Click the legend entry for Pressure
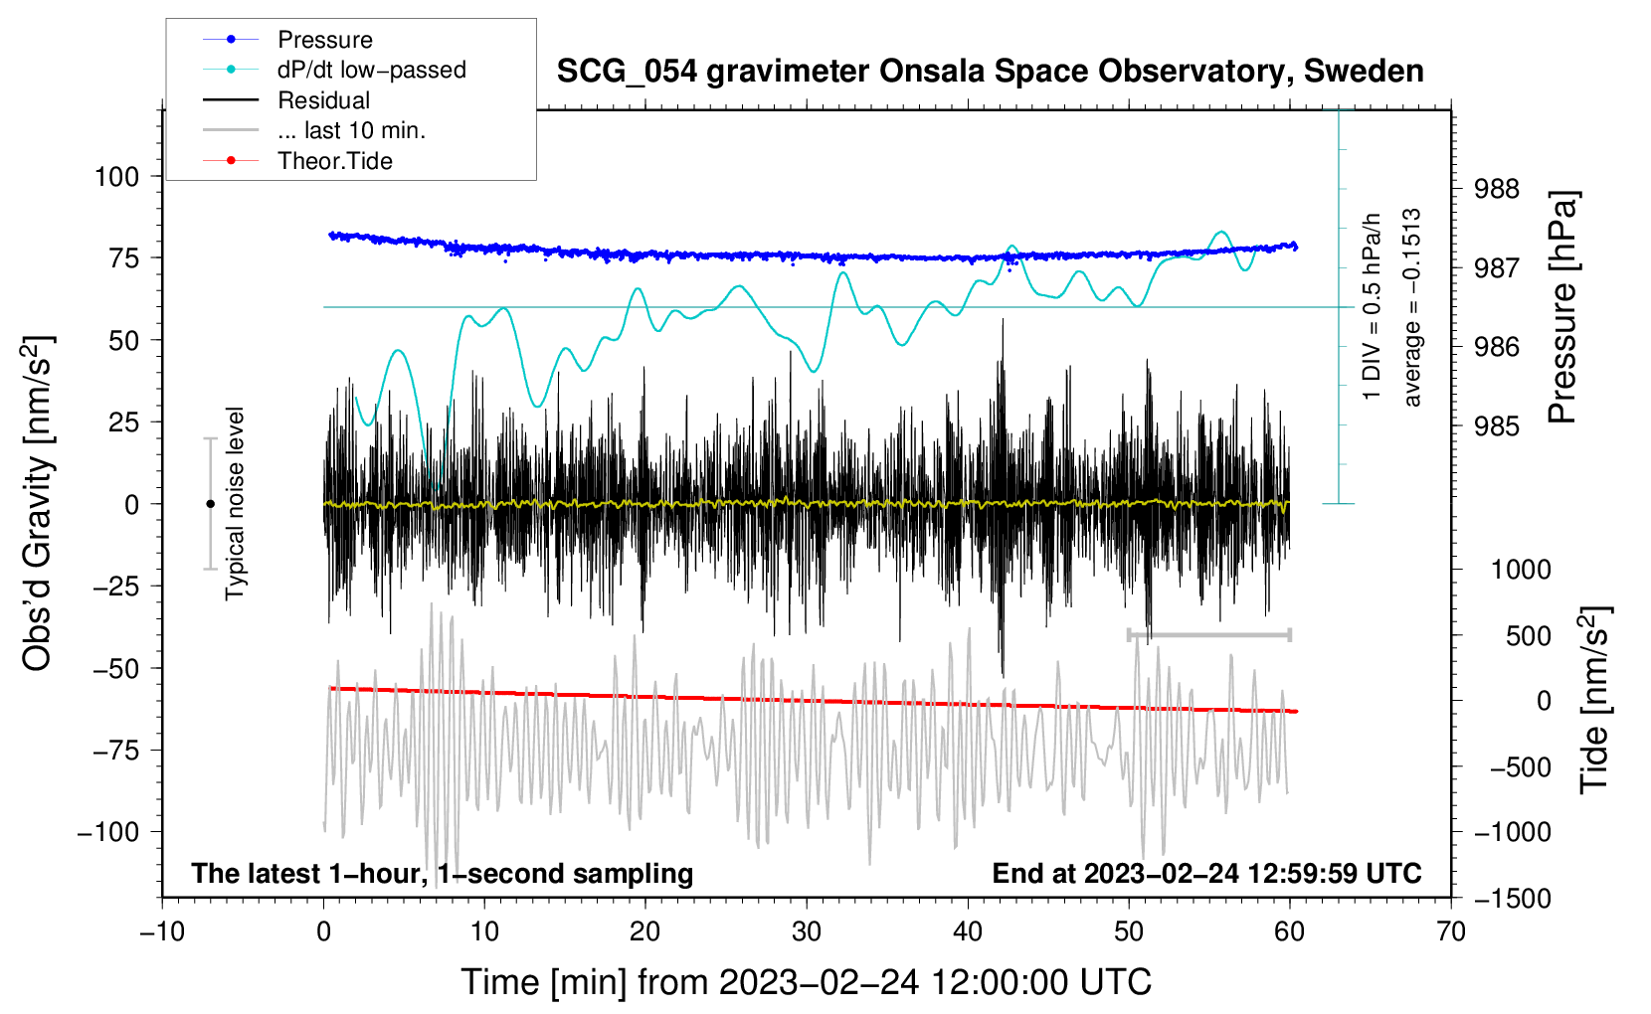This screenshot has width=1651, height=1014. pos(324,40)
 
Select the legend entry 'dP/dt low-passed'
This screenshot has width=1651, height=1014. pos(371,70)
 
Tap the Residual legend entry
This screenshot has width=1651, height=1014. pos(323,100)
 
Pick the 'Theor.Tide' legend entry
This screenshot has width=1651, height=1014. pos(334,161)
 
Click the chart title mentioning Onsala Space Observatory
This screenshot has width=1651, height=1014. pos(990,72)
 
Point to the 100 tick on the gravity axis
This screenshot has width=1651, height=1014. pos(116,177)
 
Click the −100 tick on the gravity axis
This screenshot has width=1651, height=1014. pos(108,832)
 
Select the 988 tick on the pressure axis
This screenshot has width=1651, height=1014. pos(1496,189)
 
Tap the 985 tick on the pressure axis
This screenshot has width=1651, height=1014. pos(1496,426)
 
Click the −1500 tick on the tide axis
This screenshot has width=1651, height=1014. pos(1513,899)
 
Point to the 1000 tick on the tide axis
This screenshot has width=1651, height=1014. pos(1521,570)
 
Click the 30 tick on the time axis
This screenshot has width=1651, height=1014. pos(807,931)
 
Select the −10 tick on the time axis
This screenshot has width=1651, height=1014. pos(162,931)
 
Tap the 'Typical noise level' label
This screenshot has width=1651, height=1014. pos(235,503)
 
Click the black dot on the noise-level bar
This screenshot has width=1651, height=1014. pos(210,504)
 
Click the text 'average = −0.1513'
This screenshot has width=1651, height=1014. pos(1412,307)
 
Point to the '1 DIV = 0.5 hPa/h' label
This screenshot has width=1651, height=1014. pos(1373,307)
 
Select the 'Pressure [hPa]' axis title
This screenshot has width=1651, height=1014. pos(1562,308)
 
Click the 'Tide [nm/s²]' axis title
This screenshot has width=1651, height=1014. pos(1594,699)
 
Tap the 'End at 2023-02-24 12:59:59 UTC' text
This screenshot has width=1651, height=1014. pos(1206,873)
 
